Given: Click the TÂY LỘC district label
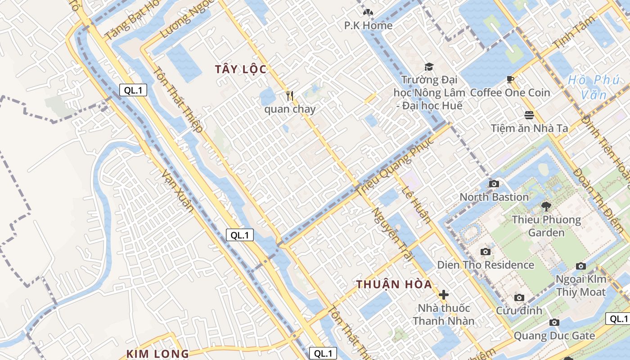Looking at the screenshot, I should point(241,69).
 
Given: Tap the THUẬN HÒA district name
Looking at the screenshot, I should point(394,284).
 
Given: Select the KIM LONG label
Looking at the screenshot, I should point(157,354).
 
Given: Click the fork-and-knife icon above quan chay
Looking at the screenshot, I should point(290,96).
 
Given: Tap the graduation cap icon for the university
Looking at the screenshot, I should point(428,67).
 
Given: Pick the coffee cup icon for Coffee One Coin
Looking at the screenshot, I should point(510,80).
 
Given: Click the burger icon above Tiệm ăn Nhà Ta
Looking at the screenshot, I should point(529,115).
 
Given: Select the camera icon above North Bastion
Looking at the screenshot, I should point(494,184).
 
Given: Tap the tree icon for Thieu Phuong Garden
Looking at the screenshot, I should point(546,207).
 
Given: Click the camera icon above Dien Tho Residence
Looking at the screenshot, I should point(485,252).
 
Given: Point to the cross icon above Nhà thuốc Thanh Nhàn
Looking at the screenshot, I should point(444,295).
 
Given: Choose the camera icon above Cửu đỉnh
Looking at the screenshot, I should point(519,297).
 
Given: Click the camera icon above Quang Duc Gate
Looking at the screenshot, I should point(554,322).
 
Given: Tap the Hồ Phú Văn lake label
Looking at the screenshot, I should point(593,87).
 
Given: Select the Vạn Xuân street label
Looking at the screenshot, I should point(177,191).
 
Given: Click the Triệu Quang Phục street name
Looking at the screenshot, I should point(396,165).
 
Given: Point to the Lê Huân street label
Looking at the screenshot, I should point(416,205).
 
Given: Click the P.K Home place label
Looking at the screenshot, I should point(368,26).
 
